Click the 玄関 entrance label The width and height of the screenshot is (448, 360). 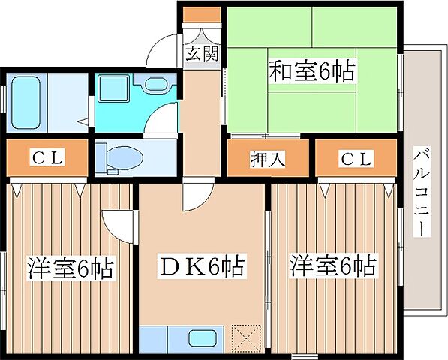[x=201, y=54]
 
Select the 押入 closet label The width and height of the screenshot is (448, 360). [x=267, y=159]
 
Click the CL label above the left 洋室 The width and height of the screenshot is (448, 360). [x=47, y=158]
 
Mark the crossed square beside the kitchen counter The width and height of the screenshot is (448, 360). [x=244, y=335]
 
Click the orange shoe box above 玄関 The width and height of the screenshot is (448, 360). [x=200, y=14]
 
